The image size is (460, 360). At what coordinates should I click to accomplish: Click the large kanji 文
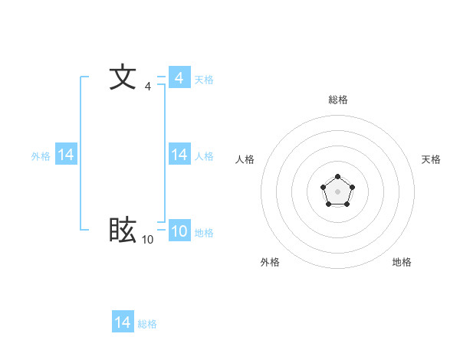tap(123, 77)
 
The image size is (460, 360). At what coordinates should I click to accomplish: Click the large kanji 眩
tap(123, 230)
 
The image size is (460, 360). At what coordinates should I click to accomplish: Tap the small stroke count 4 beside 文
tap(147, 87)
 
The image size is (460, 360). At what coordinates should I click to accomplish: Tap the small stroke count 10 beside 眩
tap(147, 240)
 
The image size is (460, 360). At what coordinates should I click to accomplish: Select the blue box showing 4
tap(179, 77)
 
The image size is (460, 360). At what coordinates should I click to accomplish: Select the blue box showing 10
tap(179, 231)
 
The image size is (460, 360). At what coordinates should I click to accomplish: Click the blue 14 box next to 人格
tap(179, 155)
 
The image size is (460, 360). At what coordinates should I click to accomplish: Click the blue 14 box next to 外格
tap(66, 155)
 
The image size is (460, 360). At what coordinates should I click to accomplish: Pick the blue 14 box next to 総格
tap(123, 322)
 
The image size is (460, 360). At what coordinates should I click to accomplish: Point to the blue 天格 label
tap(204, 79)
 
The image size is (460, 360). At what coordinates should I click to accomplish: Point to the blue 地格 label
tap(204, 233)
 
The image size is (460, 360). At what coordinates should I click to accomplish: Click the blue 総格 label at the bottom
tap(147, 324)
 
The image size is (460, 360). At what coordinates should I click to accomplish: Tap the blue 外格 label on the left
tap(41, 156)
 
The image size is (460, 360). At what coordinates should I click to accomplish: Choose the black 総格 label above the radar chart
tap(337, 100)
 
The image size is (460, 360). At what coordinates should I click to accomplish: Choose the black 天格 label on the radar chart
tap(431, 159)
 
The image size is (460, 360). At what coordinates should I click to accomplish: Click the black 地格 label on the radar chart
tap(402, 262)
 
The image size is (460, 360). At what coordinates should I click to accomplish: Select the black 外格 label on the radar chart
tap(270, 262)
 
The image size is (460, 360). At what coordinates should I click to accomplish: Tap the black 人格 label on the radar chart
tap(245, 159)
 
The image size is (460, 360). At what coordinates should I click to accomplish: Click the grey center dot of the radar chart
tap(337, 191)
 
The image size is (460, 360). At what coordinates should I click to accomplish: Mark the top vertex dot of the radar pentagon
tap(337, 177)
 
